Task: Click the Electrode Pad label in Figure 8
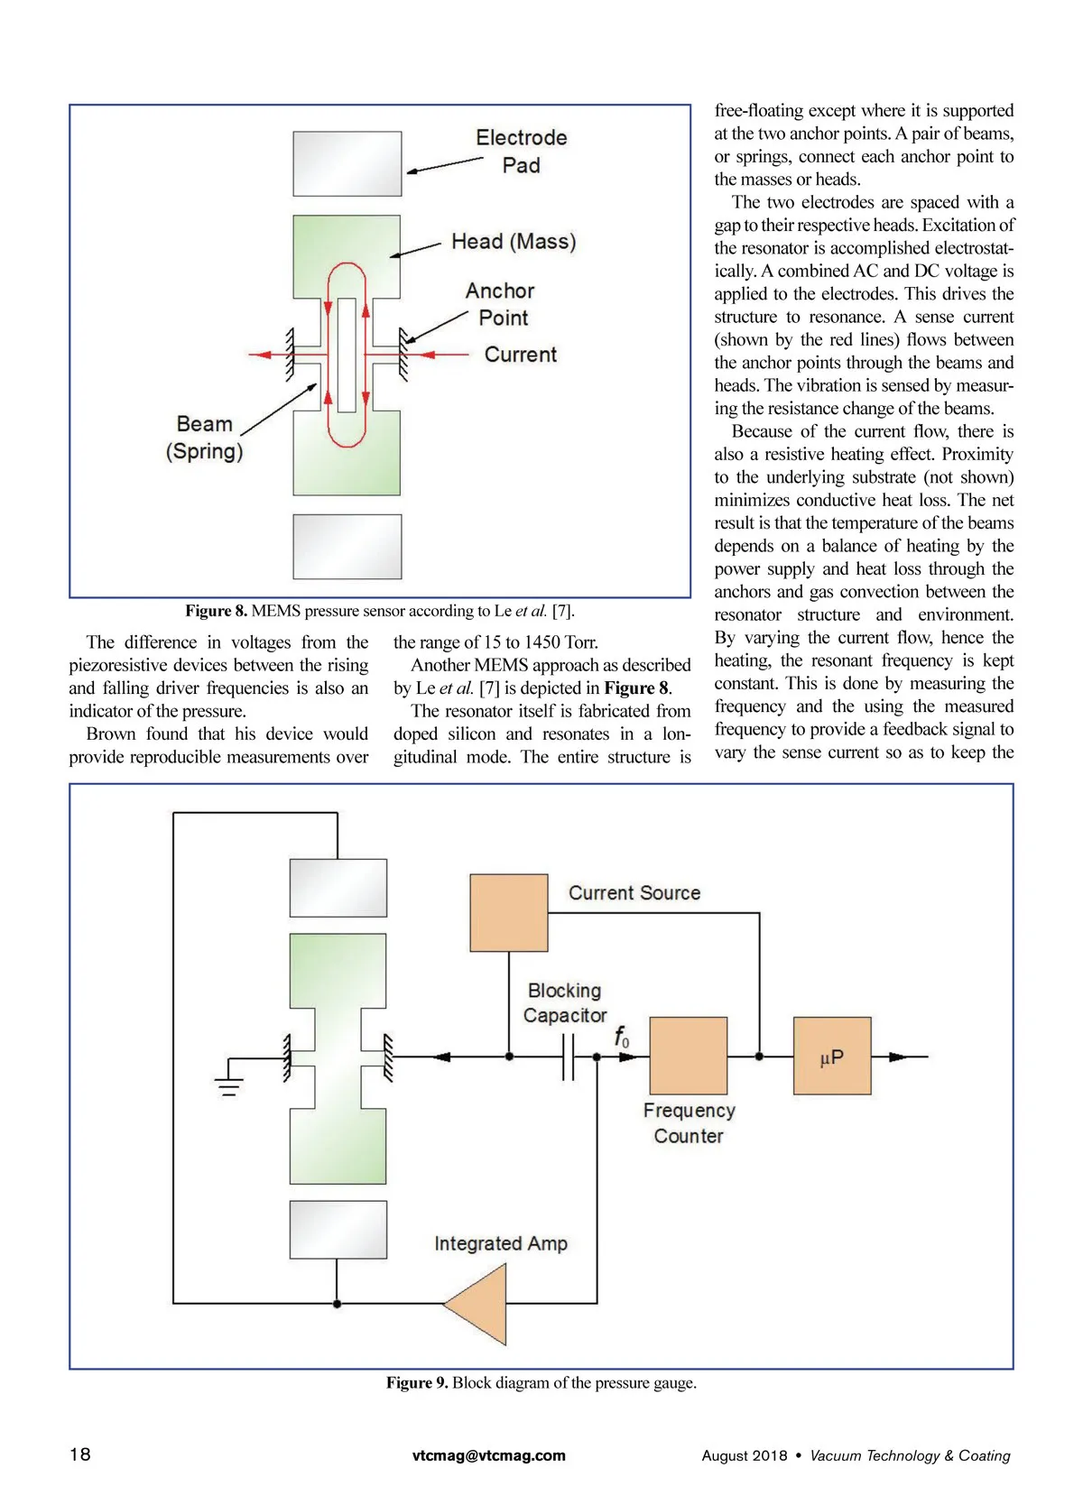(x=521, y=152)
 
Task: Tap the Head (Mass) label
(x=514, y=242)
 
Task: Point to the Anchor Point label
(x=501, y=304)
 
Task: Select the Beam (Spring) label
(x=205, y=438)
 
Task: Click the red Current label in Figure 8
(x=520, y=355)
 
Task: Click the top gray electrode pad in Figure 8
(x=347, y=163)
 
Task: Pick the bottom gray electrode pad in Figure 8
(x=347, y=546)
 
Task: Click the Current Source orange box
(x=509, y=912)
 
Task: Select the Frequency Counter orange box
(x=688, y=1056)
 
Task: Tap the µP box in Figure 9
(x=832, y=1056)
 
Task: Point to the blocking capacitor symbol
(x=568, y=1057)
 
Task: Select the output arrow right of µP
(x=902, y=1057)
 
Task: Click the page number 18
(x=80, y=1453)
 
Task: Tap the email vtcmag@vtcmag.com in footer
(x=488, y=1455)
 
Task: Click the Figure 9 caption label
(x=417, y=1382)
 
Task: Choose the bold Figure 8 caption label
(x=216, y=611)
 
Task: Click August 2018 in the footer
(x=745, y=1455)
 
